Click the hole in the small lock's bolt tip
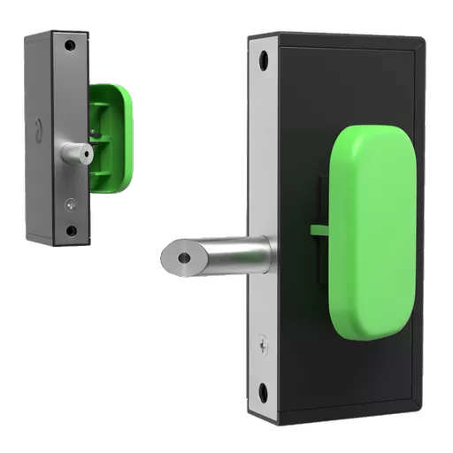pos(86,153)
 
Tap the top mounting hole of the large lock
pos(263,58)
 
